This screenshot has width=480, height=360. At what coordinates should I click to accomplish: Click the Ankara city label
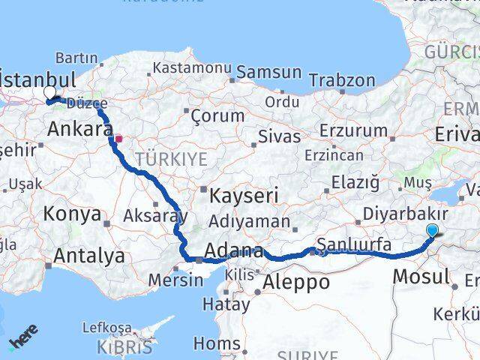click(79, 130)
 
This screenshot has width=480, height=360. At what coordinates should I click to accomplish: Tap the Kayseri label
click(244, 196)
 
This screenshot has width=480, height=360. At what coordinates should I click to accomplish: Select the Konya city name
click(72, 214)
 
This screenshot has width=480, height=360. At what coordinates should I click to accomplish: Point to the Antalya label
click(89, 256)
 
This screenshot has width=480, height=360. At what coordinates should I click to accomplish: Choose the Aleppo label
click(296, 282)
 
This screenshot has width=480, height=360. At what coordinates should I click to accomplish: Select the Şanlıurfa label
click(354, 244)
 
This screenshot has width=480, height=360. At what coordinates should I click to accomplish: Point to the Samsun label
click(268, 73)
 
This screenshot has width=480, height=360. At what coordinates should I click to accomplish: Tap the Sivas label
click(278, 136)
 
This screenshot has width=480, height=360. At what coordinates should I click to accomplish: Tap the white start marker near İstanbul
click(49, 92)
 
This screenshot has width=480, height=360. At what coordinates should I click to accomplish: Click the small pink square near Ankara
click(118, 138)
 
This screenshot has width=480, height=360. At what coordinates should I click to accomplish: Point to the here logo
click(23, 341)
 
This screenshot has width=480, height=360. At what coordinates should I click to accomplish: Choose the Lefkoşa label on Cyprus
click(106, 328)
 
